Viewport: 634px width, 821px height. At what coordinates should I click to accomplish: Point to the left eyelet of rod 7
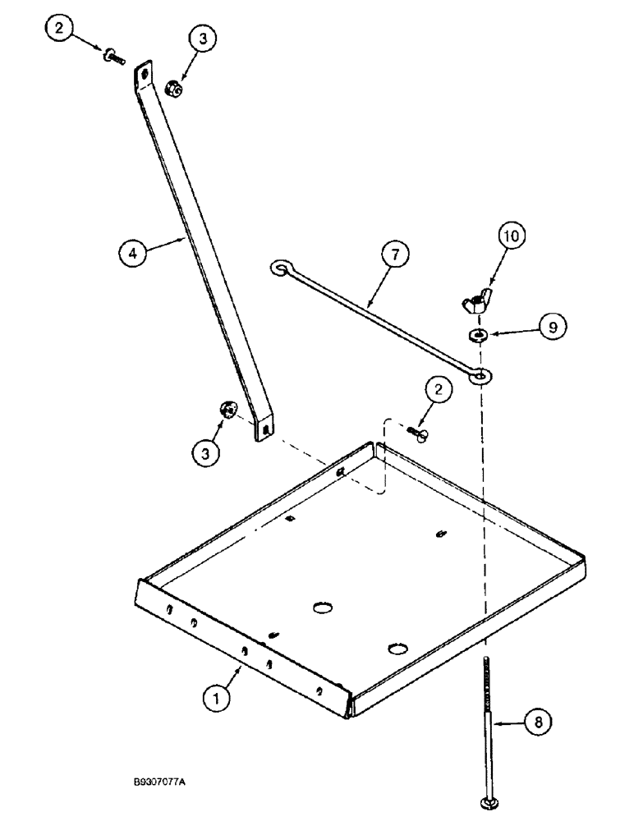(x=279, y=268)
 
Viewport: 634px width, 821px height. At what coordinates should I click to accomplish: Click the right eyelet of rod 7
(x=481, y=375)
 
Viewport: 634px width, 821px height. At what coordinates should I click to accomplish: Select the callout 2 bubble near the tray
(x=439, y=392)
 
